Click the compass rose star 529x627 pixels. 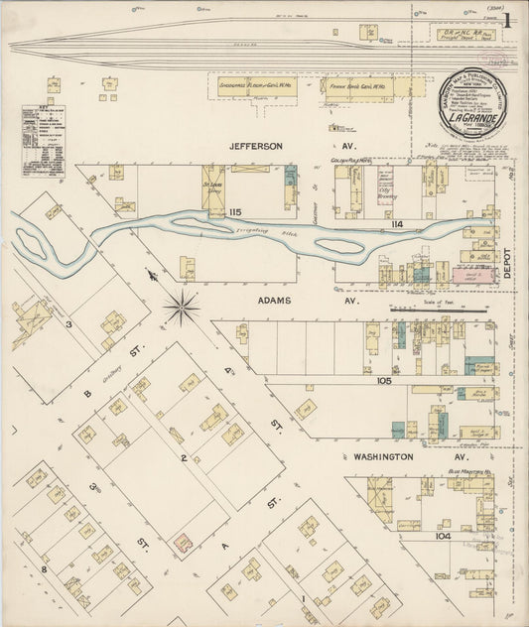[181, 307]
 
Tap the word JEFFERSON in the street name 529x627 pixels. [256, 146]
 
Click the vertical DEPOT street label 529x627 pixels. [505, 267]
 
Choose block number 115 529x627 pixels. [234, 213]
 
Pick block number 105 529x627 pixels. [385, 380]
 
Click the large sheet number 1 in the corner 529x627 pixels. [506, 20]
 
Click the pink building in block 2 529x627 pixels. [183, 543]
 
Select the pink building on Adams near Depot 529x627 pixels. [473, 275]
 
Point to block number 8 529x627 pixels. [45, 569]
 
